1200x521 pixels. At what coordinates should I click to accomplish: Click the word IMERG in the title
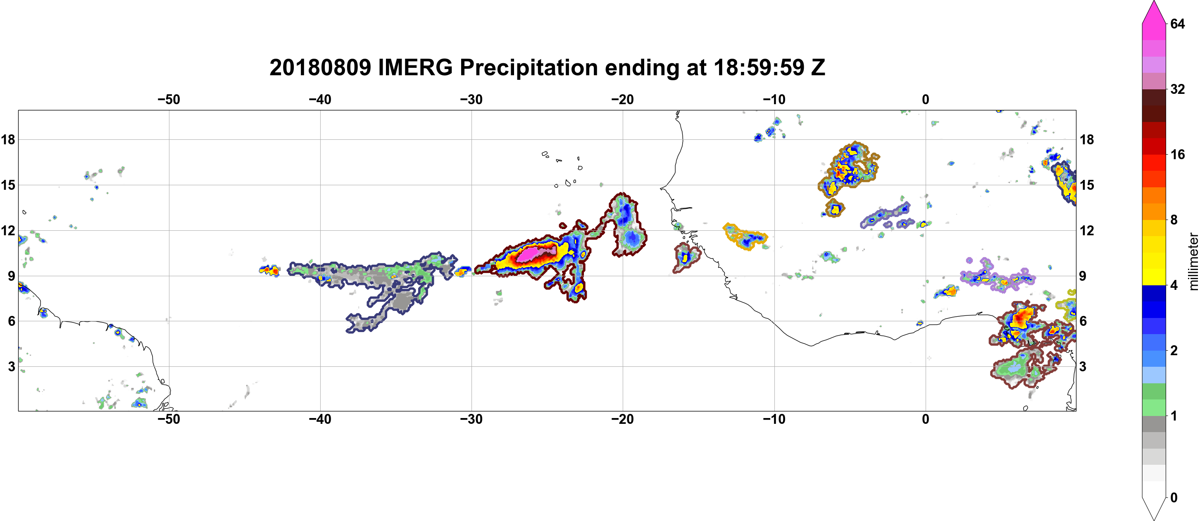coord(415,67)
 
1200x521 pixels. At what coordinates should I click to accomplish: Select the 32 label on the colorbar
coord(1177,89)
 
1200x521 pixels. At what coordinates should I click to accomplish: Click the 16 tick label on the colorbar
coord(1177,154)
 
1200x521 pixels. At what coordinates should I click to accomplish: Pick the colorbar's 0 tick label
coord(1174,498)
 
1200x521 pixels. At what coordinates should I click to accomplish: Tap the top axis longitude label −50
coord(169,100)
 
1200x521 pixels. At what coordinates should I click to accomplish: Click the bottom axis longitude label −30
coord(471,419)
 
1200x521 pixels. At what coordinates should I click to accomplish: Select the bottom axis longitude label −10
coord(774,419)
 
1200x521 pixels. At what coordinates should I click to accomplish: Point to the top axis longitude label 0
coord(926,100)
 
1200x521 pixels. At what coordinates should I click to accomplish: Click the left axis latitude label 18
coord(8,140)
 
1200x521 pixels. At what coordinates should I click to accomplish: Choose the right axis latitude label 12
coord(1087,231)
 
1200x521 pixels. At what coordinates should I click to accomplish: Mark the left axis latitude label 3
coord(11,367)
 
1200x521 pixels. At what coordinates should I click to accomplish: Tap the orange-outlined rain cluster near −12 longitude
coord(745,236)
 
